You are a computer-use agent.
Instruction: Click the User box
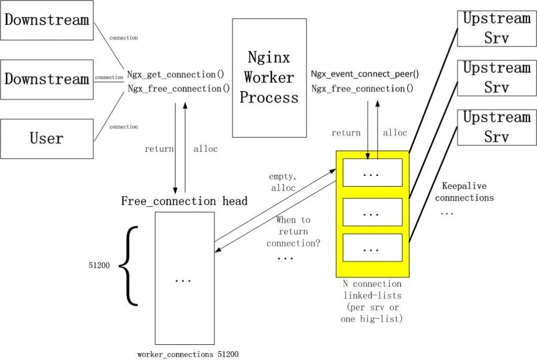(47, 139)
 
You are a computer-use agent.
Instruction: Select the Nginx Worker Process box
(269, 78)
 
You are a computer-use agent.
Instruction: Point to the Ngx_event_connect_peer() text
(365, 75)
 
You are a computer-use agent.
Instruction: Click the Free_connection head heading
(184, 201)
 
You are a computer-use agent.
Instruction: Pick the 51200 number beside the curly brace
(99, 266)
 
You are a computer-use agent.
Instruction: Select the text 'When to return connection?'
(294, 231)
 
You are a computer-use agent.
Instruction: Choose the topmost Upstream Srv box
(497, 28)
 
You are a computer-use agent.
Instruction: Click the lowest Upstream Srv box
(497, 127)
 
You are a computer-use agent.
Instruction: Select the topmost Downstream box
(47, 20)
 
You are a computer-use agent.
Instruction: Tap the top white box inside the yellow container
(372, 173)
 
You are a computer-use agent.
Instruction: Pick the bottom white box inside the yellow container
(372, 247)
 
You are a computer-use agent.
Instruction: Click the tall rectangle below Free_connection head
(184, 278)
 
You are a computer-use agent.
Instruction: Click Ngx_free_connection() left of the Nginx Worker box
(179, 89)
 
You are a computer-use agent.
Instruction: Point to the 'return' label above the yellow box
(346, 133)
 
